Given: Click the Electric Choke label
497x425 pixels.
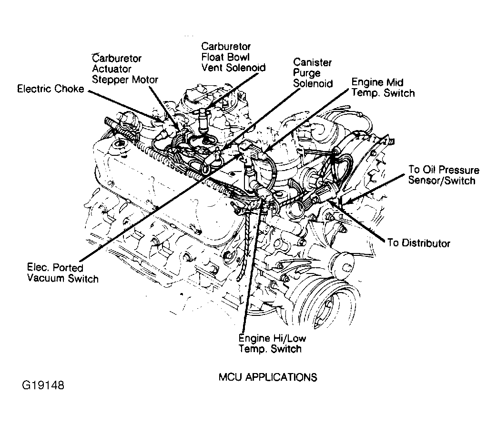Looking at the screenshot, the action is pyautogui.click(x=51, y=89).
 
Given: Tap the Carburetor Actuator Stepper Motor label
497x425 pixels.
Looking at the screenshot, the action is pyautogui.click(x=125, y=69).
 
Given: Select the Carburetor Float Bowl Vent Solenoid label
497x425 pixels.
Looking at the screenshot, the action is pyautogui.click(x=233, y=57).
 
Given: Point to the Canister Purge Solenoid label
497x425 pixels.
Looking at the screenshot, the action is pyautogui.click(x=313, y=73).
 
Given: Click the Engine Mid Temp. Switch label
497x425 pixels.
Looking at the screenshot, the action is pyautogui.click(x=383, y=88).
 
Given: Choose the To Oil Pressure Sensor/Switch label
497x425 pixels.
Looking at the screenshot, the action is pyautogui.click(x=444, y=175).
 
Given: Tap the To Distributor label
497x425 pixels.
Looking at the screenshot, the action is pyautogui.click(x=419, y=243).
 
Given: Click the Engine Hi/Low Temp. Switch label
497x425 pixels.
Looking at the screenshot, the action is pyautogui.click(x=272, y=344).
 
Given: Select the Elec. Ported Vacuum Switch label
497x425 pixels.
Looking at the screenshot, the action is pyautogui.click(x=63, y=273).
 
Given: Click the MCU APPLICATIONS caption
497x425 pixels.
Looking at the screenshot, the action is pyautogui.click(x=268, y=377).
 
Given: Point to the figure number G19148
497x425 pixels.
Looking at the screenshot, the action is pyautogui.click(x=43, y=385).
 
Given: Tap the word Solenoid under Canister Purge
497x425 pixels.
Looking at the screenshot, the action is pyautogui.click(x=313, y=84).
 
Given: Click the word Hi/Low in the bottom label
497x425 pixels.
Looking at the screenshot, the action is pyautogui.click(x=288, y=338).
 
